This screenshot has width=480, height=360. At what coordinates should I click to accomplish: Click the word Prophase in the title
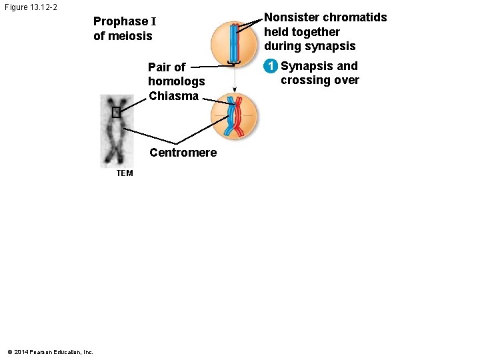coord(121,21)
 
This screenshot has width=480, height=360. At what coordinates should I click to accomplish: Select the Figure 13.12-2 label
coord(31,7)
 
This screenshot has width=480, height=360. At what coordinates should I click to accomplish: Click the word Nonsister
coord(291,17)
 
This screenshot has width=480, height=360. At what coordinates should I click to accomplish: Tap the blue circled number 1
coord(270,66)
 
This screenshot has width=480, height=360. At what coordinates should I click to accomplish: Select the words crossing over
coord(319,81)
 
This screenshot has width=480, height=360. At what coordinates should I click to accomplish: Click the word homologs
coord(176,81)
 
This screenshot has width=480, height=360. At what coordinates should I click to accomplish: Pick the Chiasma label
coord(173,96)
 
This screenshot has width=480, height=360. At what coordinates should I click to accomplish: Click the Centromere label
coord(183,153)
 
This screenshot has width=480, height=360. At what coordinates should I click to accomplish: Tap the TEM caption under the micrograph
coord(124,173)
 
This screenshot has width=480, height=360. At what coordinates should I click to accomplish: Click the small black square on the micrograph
coord(116,112)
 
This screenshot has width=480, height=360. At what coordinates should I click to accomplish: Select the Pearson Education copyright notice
coord(50,352)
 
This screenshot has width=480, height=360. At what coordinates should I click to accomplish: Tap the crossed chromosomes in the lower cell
coord(234,116)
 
